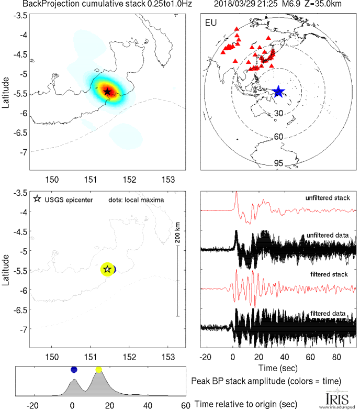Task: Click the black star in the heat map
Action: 107,92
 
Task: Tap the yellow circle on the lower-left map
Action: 107,269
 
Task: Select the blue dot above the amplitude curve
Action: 74,370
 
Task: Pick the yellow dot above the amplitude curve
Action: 99,370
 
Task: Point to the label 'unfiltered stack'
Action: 328,198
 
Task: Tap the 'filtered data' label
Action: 331,313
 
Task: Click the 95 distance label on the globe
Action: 279,163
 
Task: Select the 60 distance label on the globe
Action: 279,137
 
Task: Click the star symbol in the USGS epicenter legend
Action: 37,199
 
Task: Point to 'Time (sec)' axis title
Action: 278,369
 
